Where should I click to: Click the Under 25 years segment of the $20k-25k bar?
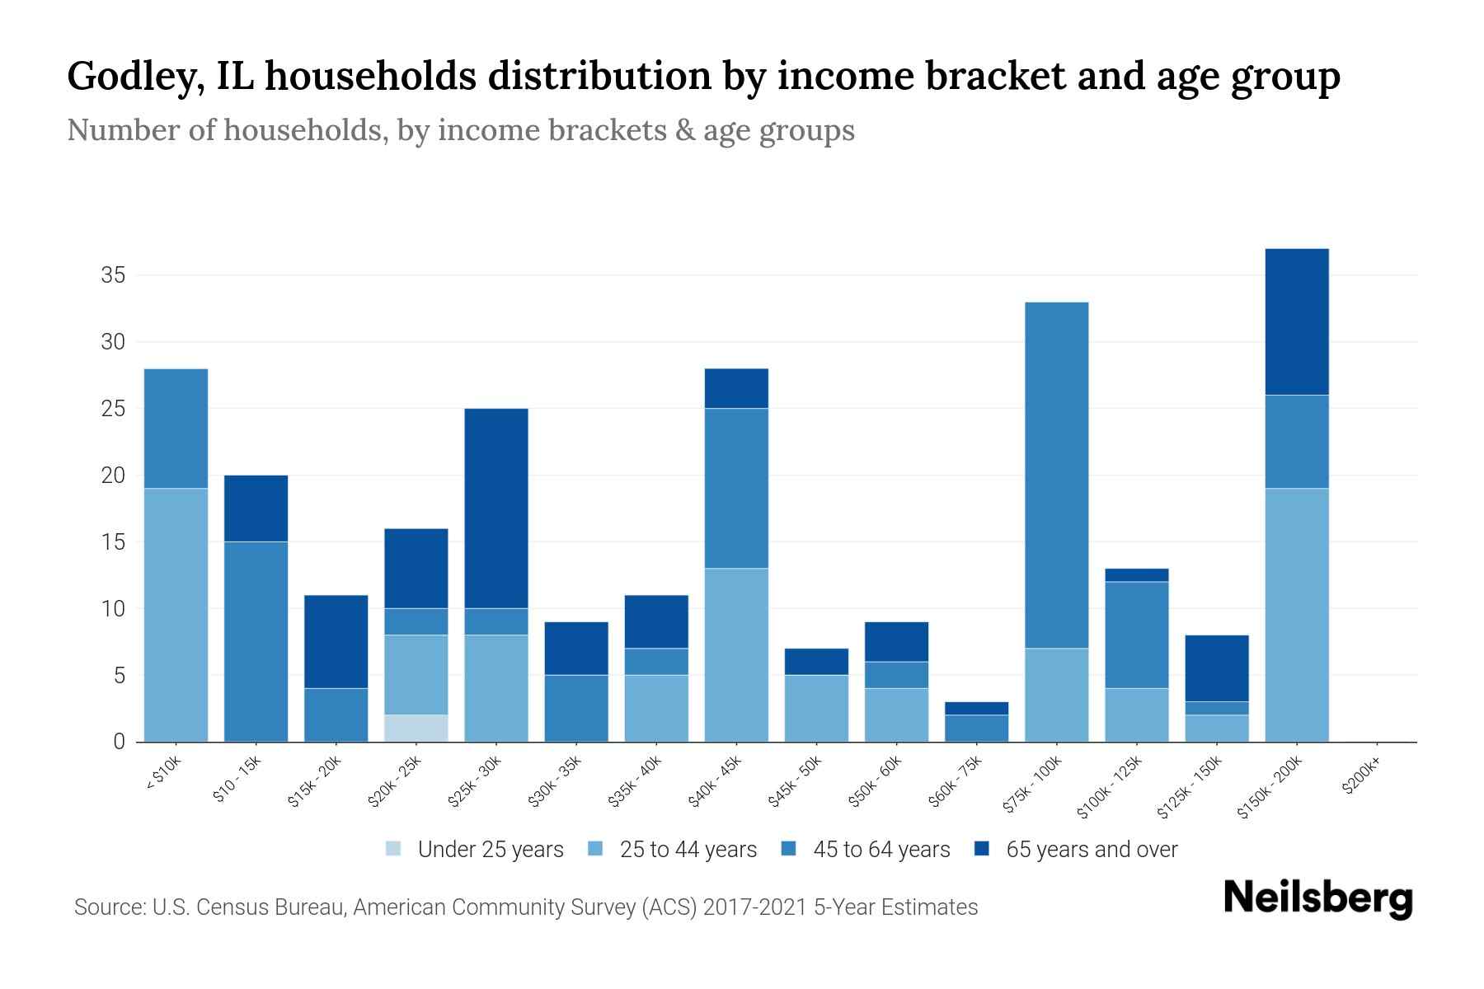pyautogui.click(x=416, y=728)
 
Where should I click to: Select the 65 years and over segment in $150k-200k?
pyautogui.click(x=1296, y=321)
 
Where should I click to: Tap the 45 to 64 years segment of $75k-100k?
pyautogui.click(x=1056, y=475)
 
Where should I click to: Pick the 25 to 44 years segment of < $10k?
pyautogui.click(x=176, y=615)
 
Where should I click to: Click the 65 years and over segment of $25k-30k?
pyautogui.click(x=496, y=508)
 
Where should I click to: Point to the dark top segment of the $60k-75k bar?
pyautogui.click(x=976, y=708)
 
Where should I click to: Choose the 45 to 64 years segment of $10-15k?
pyautogui.click(x=256, y=641)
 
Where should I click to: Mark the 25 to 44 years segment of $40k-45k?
pyautogui.click(x=736, y=654)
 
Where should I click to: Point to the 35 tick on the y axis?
pyautogui.click(x=113, y=275)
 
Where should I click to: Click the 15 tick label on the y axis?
pyautogui.click(x=113, y=542)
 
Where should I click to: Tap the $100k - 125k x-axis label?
pyautogui.click(x=1110, y=787)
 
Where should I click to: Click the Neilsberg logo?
pyautogui.click(x=1317, y=898)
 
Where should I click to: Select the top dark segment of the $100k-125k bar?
pyautogui.click(x=1136, y=574)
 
